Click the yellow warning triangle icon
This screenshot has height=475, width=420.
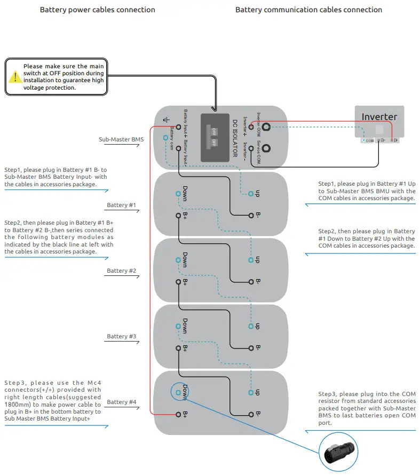pos(15,77)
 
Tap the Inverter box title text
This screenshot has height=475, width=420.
pos(379,117)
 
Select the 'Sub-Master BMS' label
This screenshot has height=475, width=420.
pos(121,140)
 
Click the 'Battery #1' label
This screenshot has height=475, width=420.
pos(121,205)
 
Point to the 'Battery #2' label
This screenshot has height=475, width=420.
pos(121,271)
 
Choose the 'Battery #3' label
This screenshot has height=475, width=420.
pos(121,336)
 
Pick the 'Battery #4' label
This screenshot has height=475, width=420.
pos(121,402)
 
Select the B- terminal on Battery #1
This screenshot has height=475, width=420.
pos(250,216)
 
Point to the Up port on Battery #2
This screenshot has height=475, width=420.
pos(250,260)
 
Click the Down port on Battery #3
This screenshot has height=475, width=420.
pos(178,326)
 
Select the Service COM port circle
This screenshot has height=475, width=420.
pos(265,149)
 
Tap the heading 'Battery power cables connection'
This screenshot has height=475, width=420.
pos(98,10)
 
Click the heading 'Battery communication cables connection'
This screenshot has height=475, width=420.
pos(308,10)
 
